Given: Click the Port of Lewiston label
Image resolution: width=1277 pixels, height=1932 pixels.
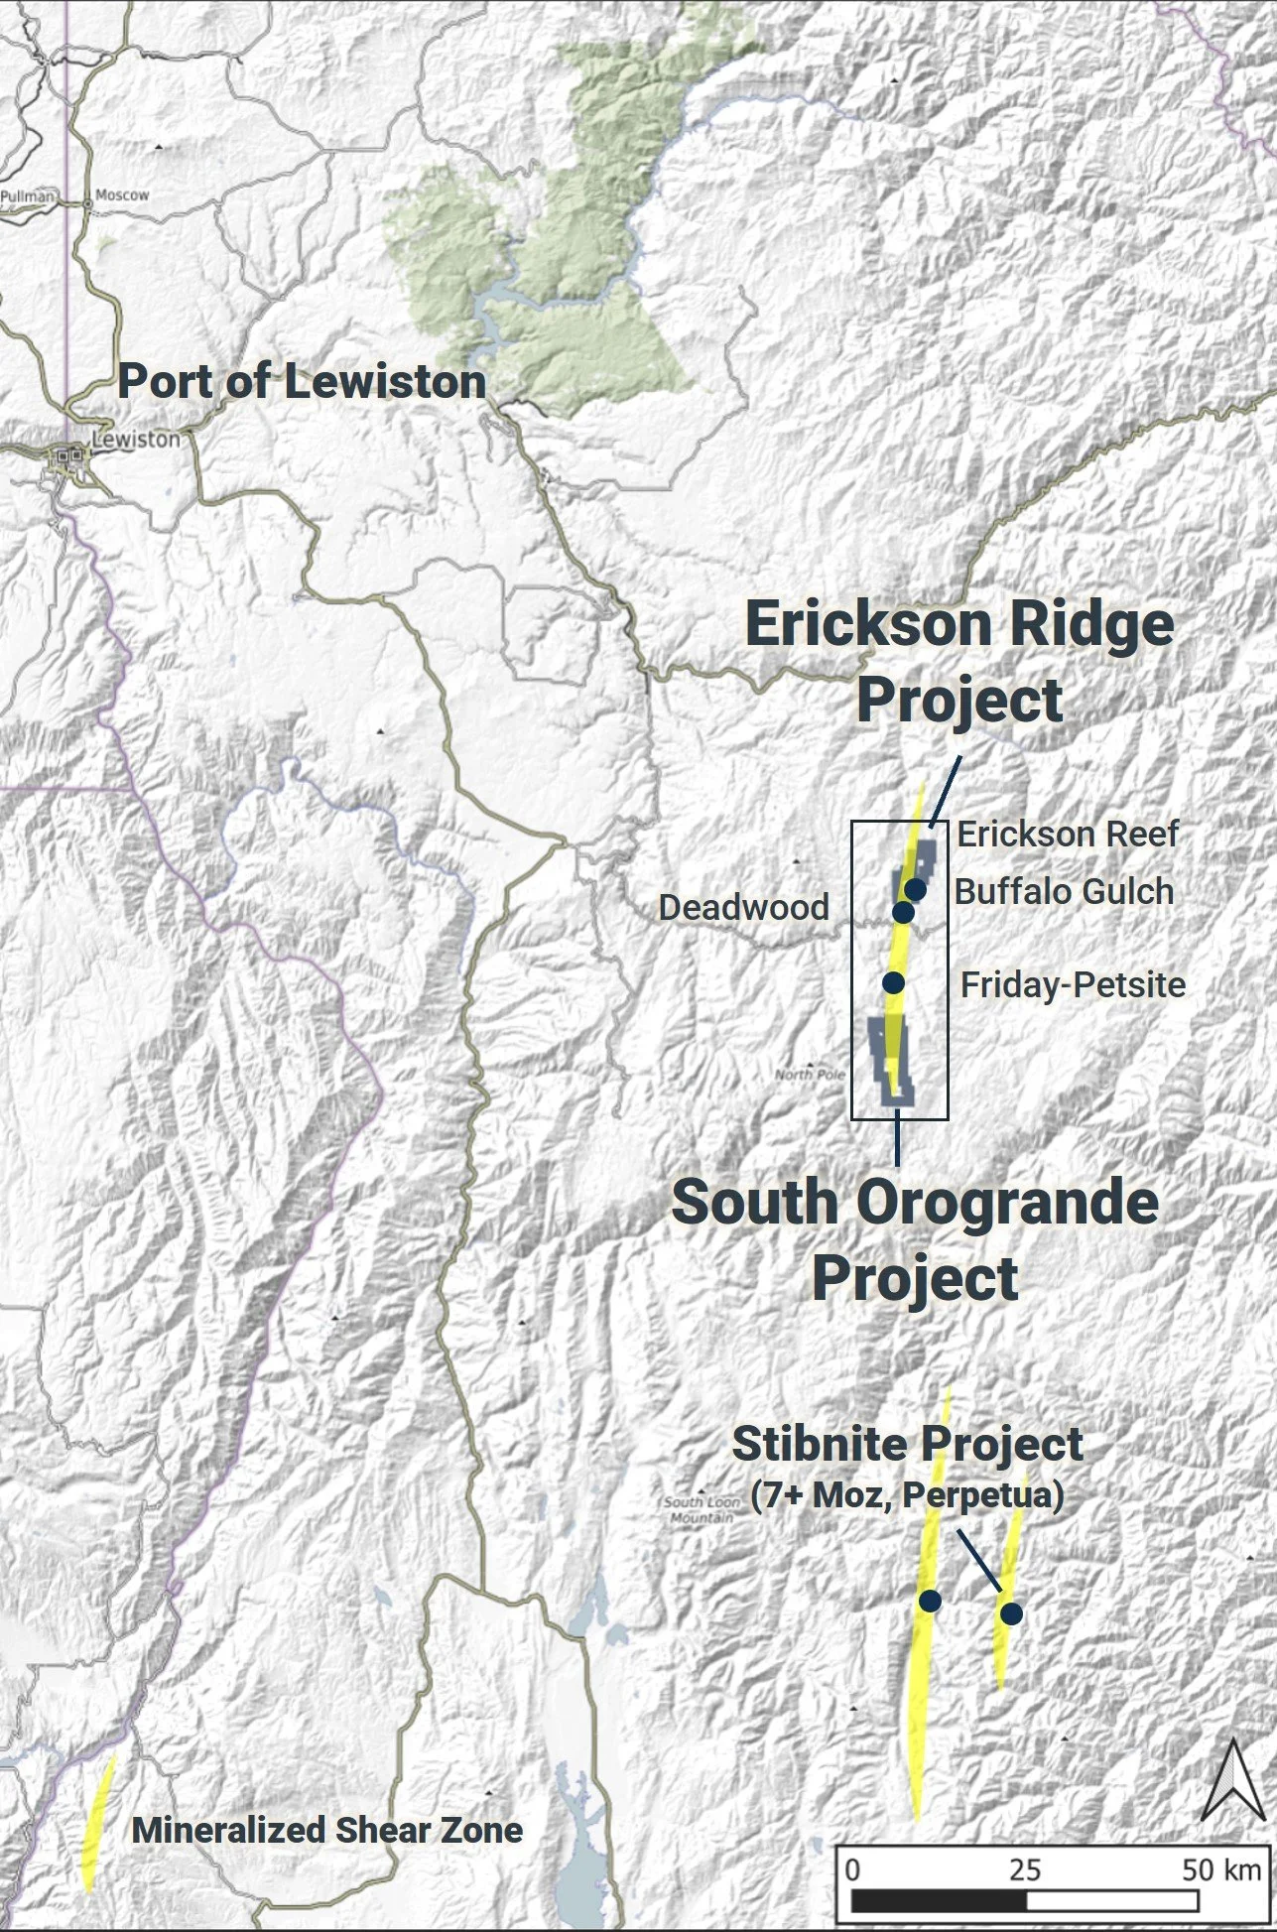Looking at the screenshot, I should (x=302, y=382).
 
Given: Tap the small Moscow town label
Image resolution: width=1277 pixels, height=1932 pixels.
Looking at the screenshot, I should (x=122, y=195).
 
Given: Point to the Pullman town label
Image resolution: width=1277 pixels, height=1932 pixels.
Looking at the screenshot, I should (x=27, y=196).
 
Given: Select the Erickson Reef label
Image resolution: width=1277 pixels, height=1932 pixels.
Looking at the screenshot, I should (x=1068, y=835).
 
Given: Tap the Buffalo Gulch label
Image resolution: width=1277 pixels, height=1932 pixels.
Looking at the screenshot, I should (x=1064, y=892).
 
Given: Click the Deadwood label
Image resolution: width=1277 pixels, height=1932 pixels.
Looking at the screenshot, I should (x=743, y=907).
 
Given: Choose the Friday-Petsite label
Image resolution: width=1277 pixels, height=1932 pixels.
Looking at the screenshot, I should (x=1074, y=985).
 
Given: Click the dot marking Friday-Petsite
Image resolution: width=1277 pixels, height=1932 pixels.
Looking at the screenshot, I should (x=893, y=982).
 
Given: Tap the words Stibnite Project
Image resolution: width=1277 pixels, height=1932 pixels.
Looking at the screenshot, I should (x=907, y=1445).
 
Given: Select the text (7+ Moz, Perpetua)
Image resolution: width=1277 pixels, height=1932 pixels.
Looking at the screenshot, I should (x=907, y=1494).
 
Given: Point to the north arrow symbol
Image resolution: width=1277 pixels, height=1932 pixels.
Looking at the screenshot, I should (x=1231, y=1781).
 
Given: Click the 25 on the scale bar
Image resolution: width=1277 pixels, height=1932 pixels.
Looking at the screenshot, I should (x=1025, y=1869).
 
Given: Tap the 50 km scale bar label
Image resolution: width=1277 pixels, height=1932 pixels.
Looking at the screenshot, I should (x=1220, y=1869).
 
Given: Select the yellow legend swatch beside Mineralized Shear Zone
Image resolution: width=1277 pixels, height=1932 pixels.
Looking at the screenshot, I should (x=98, y=1821).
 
